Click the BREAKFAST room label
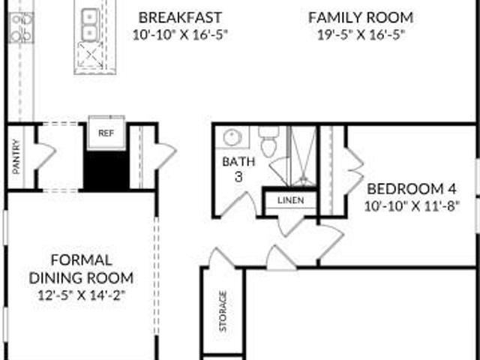(x=180, y=17)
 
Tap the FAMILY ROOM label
(x=361, y=17)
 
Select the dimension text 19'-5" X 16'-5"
(x=361, y=34)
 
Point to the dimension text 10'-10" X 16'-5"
(x=180, y=34)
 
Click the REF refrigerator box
(x=106, y=133)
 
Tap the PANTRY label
(x=16, y=157)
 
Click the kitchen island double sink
(x=90, y=23)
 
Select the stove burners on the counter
(x=21, y=28)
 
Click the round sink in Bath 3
(x=232, y=137)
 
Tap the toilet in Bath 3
(x=268, y=142)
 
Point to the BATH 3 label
(x=238, y=169)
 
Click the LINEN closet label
(x=291, y=200)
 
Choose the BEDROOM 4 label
(x=412, y=189)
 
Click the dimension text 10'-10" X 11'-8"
(x=412, y=206)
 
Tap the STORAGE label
(x=223, y=311)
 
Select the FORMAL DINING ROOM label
(x=81, y=269)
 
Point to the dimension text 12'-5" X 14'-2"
(x=82, y=295)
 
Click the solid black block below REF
(x=106, y=170)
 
